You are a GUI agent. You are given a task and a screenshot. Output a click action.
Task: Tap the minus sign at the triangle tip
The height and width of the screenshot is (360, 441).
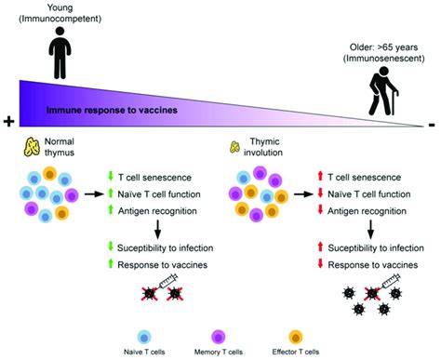(x=430, y=122)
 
